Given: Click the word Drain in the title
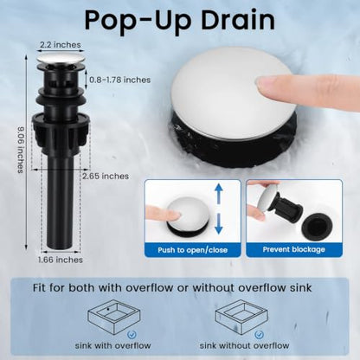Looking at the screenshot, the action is tap(238, 20).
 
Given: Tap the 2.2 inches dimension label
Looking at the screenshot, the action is tap(61, 45).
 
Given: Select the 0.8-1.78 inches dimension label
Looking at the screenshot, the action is tap(119, 80).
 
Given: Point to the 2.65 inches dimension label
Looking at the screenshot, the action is tap(106, 176).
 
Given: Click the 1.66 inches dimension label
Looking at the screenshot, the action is tap(61, 260).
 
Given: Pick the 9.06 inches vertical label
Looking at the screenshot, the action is tap(21, 150).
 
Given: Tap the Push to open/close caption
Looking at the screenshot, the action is tap(192, 250).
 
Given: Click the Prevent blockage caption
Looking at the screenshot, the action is tap(293, 249).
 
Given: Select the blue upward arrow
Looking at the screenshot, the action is tap(219, 194).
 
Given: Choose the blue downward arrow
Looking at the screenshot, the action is tap(219, 224).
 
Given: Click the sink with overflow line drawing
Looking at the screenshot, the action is tap(113, 317).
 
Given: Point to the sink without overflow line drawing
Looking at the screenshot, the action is tap(241, 317).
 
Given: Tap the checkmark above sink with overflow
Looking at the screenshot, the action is tap(132, 335).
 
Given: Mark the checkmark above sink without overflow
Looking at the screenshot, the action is tap(259, 335).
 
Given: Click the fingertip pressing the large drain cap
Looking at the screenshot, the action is tap(267, 82).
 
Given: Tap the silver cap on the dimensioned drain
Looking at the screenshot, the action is tap(61, 58).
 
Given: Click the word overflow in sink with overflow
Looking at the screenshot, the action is tap(132, 345).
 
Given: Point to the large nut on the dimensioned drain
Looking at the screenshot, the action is tap(61, 133).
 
